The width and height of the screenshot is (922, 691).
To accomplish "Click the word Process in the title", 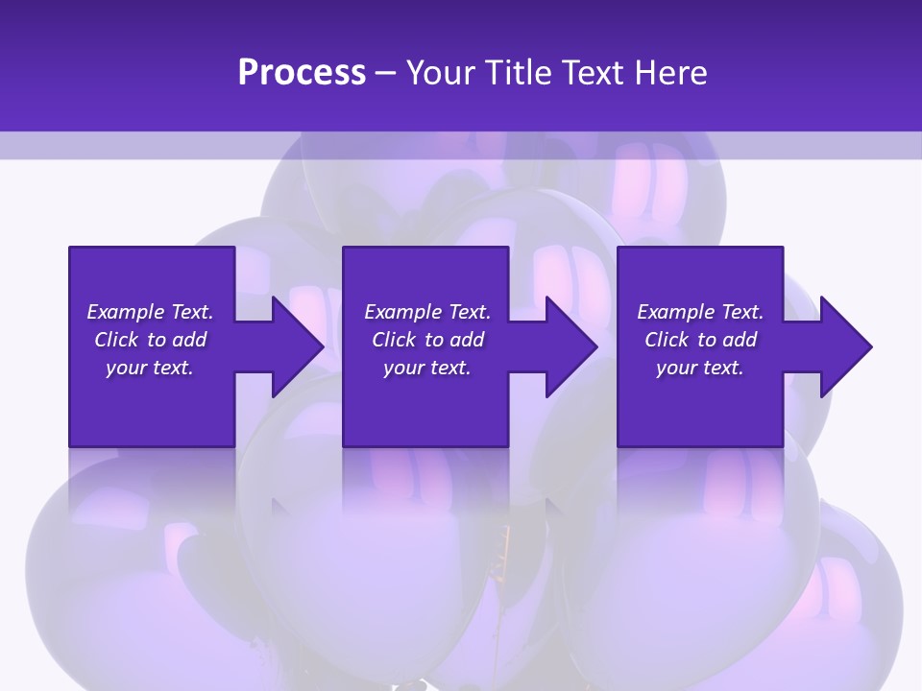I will [302, 73].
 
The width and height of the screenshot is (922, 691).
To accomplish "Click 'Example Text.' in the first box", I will [150, 312].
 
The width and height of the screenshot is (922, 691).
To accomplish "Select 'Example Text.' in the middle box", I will [427, 312].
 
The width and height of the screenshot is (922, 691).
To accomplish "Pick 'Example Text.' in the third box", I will [700, 312].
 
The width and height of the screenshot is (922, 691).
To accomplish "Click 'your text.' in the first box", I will [150, 368].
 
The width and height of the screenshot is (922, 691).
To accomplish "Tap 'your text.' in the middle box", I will [427, 368].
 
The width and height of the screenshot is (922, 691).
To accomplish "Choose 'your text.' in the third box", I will [700, 368].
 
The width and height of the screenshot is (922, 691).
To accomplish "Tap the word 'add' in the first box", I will [189, 340].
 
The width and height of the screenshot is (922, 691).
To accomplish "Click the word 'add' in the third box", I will [740, 340].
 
